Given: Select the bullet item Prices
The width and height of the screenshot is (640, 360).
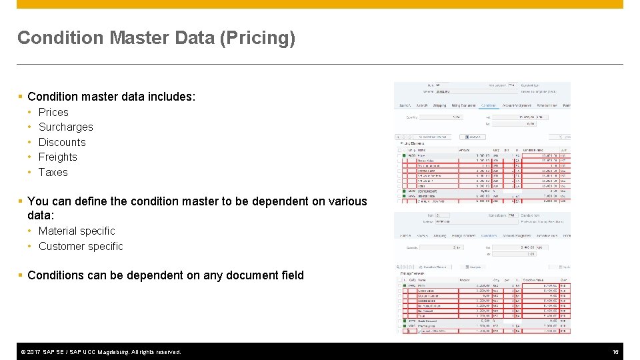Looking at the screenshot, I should pos(53,112).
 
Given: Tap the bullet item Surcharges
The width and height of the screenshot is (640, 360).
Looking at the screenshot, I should pos(65,127).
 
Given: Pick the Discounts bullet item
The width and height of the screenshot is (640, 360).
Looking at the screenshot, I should pos(62,142).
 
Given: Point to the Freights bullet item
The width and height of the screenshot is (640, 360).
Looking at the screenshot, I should pos(57,157).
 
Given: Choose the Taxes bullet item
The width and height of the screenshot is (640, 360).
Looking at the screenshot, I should pos(53,172).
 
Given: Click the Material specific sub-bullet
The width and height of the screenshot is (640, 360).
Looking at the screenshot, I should pos(77,231).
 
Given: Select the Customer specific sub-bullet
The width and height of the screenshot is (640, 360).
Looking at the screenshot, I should pos(81,246).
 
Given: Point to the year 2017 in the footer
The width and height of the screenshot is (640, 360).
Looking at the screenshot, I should pos(33,352).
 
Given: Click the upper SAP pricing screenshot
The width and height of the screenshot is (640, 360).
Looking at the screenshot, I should pos(482,141).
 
